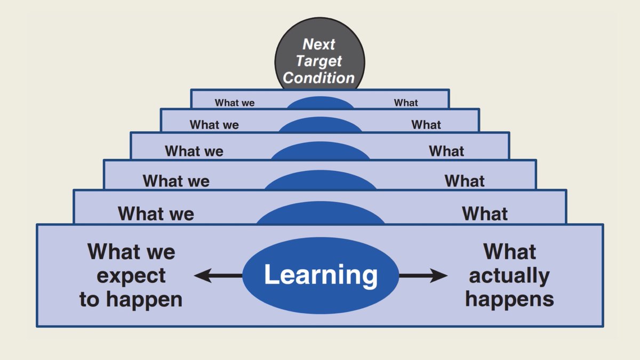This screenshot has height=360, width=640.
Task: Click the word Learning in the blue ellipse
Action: [x=321, y=275]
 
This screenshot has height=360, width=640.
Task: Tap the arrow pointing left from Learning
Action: [x=218, y=276]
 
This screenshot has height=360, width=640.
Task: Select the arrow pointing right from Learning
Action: [x=423, y=276]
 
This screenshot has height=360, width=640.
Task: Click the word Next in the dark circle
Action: [x=319, y=44]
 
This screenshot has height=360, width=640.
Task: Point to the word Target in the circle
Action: [x=319, y=61]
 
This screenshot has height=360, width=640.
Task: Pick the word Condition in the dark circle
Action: [x=319, y=78]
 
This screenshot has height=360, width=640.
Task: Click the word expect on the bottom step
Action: [x=131, y=276]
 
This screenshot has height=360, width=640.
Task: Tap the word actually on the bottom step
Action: [x=509, y=276]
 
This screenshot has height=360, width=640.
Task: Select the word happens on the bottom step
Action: [x=509, y=300]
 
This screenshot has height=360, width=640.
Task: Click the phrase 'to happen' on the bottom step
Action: [x=131, y=300]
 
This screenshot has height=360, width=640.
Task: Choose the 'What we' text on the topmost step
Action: [x=235, y=102]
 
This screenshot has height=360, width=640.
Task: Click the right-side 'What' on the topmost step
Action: [x=406, y=102]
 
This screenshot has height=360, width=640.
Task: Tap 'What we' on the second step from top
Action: [x=214, y=125]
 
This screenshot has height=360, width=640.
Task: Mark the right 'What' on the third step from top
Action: [x=446, y=151]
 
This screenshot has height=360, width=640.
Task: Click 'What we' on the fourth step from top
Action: [x=176, y=181]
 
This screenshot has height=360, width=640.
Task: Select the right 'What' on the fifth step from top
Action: [x=485, y=213]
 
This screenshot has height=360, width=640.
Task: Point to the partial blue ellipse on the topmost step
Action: [x=321, y=102]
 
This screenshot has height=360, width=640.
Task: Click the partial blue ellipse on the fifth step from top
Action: [x=321, y=213]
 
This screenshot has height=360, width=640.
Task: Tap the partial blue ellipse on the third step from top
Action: [x=321, y=150]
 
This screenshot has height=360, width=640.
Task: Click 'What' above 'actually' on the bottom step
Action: [x=509, y=252]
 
